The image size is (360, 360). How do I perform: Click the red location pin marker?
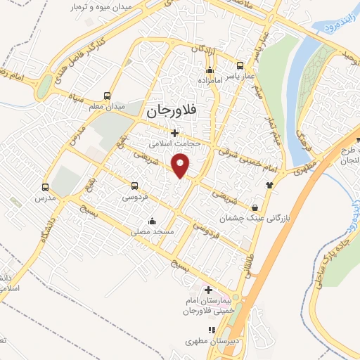(181, 166)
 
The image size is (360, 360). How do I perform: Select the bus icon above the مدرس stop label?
(46, 187)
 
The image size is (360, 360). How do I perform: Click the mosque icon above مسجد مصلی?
(152, 221)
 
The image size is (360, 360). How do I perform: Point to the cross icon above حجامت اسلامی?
(174, 133)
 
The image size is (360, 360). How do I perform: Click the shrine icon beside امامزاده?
(209, 70)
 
